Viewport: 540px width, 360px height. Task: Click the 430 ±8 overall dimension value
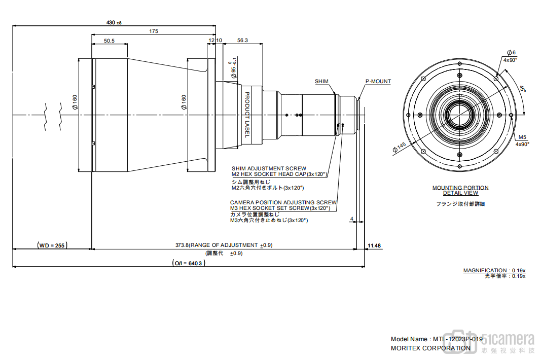click(114, 22)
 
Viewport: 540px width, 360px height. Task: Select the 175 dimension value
click(154, 31)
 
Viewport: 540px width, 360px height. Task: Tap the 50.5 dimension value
click(109, 41)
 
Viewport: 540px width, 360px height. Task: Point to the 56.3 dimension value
click(242, 41)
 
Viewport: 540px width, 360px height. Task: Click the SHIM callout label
click(321, 82)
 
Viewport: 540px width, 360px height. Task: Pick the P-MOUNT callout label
click(378, 82)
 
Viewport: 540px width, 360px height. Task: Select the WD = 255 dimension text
click(53, 245)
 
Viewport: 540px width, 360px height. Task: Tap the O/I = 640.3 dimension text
click(188, 263)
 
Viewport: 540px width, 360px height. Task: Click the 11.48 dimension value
click(374, 245)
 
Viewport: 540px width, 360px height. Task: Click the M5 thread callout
click(523, 137)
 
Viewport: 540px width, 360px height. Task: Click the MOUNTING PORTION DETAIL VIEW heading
click(460, 190)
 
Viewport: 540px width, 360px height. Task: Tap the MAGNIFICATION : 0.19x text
click(494, 270)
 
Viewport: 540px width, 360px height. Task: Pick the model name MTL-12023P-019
click(455, 339)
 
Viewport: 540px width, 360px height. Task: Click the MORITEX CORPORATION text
click(430, 348)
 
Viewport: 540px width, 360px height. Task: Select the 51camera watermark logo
click(507, 342)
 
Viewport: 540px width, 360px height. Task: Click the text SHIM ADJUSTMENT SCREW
click(269, 168)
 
